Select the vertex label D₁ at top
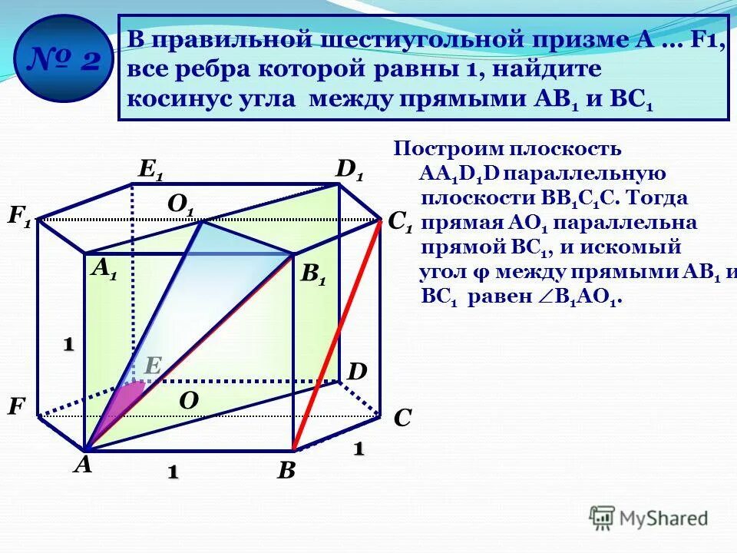(349, 169)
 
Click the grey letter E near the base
(152, 366)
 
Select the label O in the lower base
(189, 400)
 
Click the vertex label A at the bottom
(83, 465)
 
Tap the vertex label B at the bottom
(286, 470)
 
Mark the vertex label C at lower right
(402, 419)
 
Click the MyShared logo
(649, 518)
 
